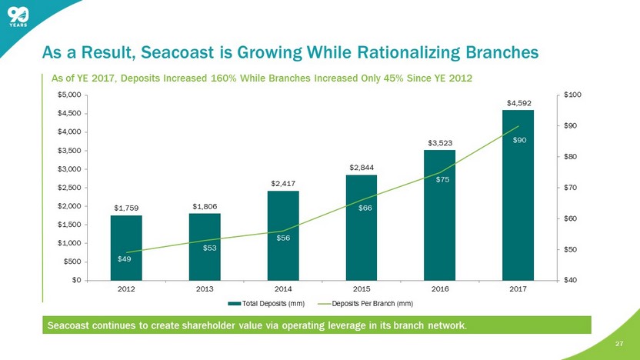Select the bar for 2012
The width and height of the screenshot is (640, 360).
click(x=126, y=247)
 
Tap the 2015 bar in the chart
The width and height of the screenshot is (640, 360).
click(x=362, y=227)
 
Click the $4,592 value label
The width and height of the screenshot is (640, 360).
click(x=518, y=102)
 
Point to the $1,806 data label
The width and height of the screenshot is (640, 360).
click(x=205, y=206)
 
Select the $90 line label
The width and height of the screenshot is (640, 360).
click(x=520, y=140)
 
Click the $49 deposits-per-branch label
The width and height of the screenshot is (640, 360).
click(x=124, y=258)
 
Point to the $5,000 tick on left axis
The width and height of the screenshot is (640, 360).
click(x=69, y=95)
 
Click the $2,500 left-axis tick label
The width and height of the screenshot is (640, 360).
click(x=69, y=187)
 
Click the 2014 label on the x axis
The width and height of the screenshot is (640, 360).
click(x=283, y=289)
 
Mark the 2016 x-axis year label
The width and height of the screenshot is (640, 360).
click(x=440, y=289)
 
